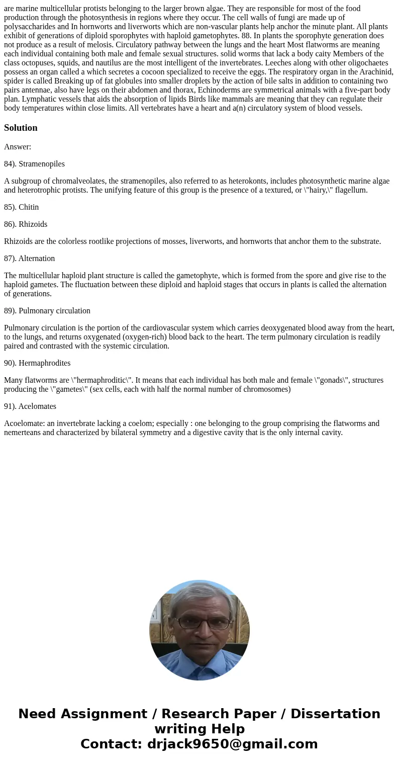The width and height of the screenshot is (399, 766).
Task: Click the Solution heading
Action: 21,128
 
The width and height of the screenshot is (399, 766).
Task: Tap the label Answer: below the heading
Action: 18,147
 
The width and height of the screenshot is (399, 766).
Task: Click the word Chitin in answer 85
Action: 29,207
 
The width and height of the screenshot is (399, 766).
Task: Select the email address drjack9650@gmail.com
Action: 232,744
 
